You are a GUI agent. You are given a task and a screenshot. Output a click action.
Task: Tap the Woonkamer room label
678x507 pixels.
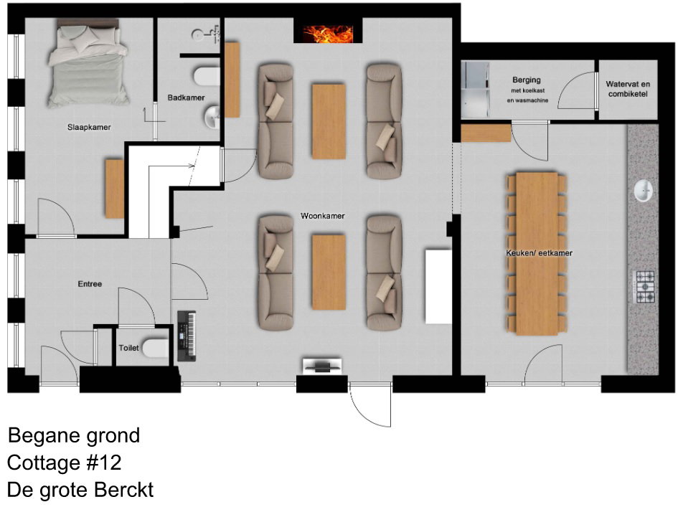323,216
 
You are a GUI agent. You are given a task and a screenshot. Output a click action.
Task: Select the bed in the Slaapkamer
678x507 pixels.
88,64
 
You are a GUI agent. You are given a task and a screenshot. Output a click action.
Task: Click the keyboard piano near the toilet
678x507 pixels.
187,336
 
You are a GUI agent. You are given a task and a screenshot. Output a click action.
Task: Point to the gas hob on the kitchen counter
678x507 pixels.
644,286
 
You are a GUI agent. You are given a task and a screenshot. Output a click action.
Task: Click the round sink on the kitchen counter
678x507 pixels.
644,191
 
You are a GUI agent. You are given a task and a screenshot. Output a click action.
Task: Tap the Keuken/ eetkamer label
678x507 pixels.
540,253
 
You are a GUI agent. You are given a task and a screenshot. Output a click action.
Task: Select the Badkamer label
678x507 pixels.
186,98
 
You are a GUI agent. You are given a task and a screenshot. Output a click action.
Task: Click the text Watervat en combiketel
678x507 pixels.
628,89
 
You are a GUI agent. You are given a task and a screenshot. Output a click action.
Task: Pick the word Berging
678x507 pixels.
526,80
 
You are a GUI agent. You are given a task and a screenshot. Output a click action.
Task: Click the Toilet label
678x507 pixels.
129,348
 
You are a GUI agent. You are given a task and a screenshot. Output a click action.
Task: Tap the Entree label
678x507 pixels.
90,284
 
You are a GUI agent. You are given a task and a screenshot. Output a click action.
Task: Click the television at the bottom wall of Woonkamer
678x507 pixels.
321,366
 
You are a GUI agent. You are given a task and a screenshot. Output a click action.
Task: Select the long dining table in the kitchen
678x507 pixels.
537,254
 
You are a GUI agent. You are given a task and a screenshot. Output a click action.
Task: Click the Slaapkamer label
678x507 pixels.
89,127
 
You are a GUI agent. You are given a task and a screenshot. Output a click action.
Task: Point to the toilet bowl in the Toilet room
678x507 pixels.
155,349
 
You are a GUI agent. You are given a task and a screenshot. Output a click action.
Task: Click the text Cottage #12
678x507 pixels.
65,463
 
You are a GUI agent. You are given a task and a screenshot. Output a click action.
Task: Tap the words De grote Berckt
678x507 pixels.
80,490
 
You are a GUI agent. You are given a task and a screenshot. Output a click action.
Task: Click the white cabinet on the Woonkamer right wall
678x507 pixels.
438,286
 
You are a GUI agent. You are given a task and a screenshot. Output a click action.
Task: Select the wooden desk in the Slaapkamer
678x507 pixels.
115,189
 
